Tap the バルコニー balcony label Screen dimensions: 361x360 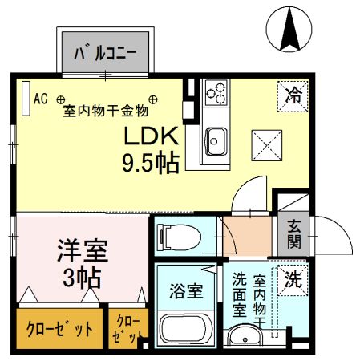104,55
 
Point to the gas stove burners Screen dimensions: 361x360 215,93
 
